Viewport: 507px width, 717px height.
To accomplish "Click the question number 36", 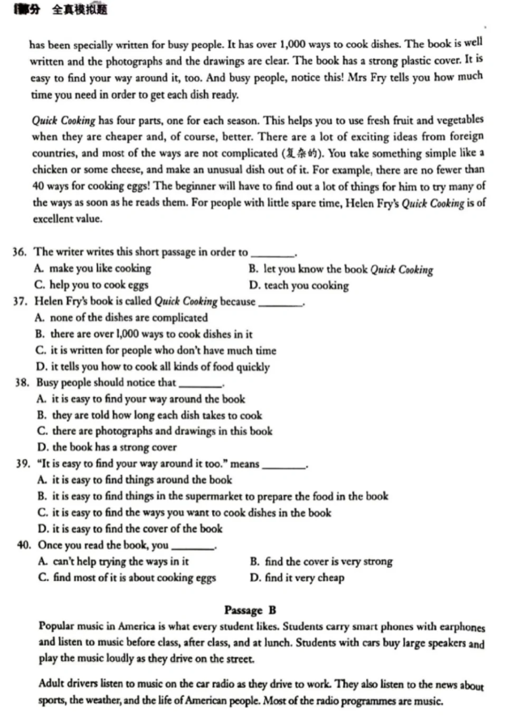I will [x=20, y=253].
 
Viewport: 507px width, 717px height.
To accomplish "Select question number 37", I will [x=20, y=302].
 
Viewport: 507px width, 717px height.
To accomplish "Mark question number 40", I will [x=24, y=545].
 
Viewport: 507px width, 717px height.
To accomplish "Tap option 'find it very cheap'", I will [x=297, y=578].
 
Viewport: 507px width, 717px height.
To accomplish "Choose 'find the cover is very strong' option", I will [x=322, y=561].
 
